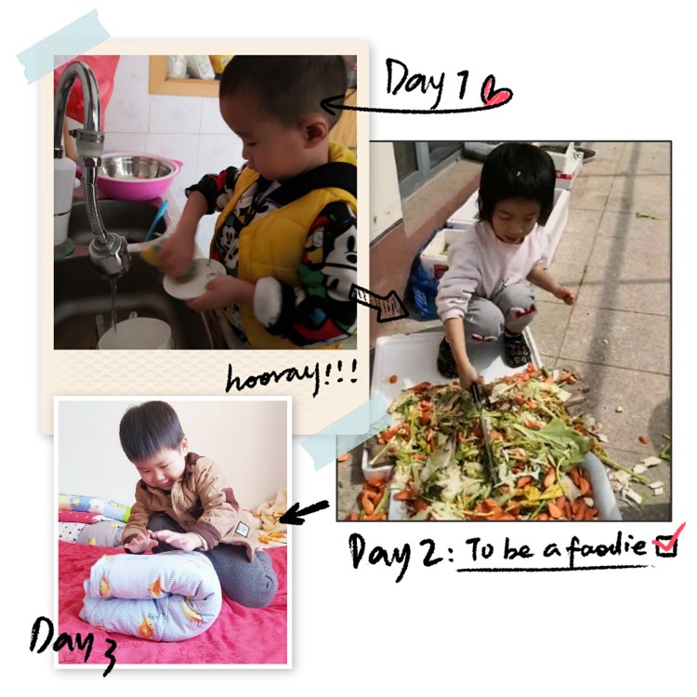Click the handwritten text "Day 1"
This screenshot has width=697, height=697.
tap(427, 82)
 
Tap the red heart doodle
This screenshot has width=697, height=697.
tap(497, 91)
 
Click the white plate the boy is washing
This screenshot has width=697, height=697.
tap(193, 279)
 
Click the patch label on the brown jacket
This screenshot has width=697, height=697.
tap(243, 530)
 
